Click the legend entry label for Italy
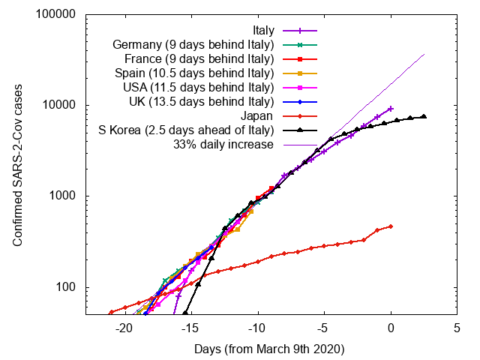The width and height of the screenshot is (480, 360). click(x=263, y=31)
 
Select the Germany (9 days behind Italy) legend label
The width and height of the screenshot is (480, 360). click(x=193, y=45)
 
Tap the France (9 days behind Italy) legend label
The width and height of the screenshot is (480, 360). click(x=197, y=59)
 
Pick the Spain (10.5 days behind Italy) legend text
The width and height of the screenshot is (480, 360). click(x=194, y=73)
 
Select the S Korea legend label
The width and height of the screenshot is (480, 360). click(x=186, y=130)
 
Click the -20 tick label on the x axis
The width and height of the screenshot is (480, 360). click(x=124, y=328)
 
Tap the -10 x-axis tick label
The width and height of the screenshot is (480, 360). click(x=258, y=328)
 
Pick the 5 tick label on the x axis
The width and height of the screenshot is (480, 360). click(x=457, y=328)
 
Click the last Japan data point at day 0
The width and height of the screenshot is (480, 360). click(x=391, y=226)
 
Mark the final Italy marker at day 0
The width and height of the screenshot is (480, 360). click(x=391, y=109)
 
